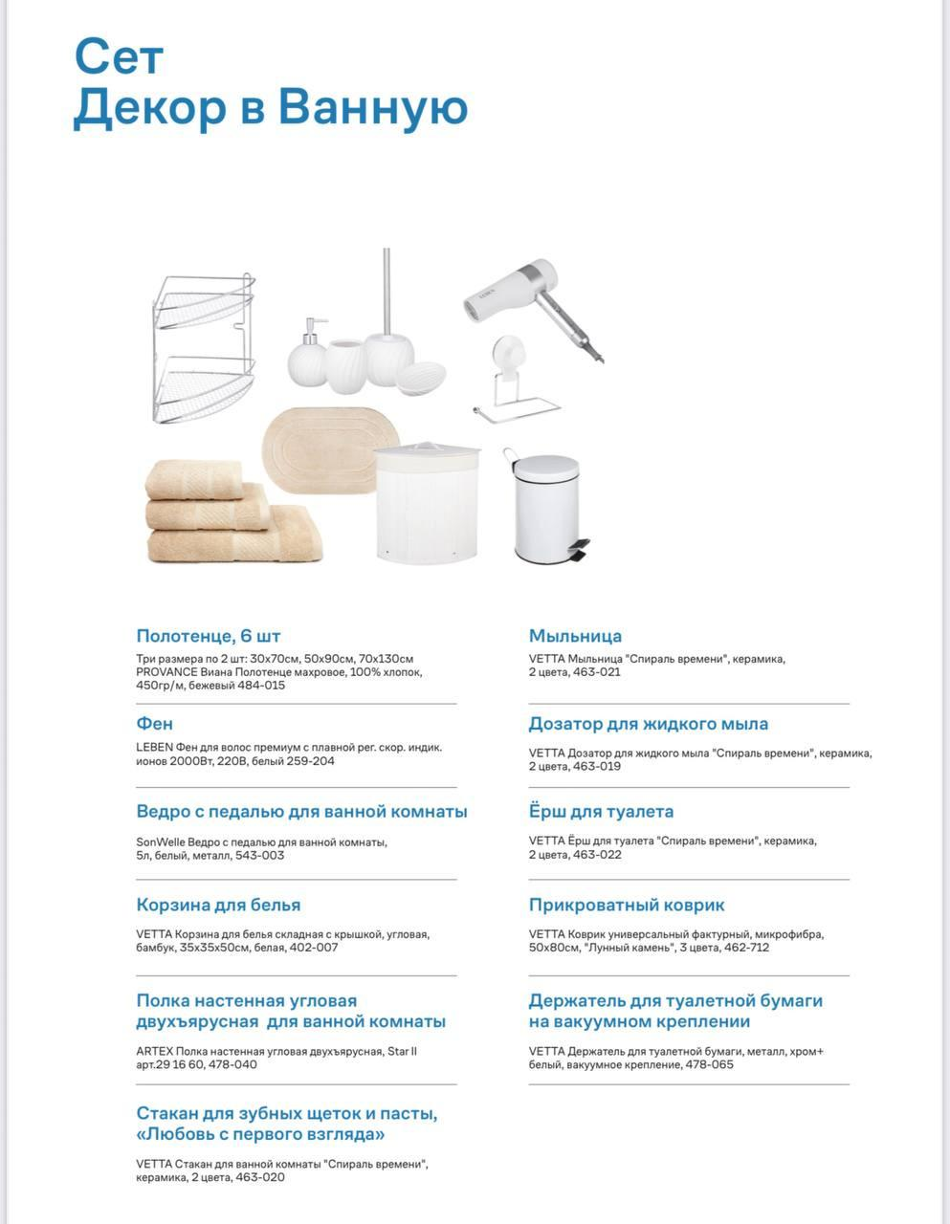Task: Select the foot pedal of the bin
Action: point(580,550)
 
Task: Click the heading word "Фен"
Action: point(155,724)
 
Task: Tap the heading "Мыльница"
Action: point(575,636)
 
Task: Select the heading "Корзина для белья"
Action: point(218,905)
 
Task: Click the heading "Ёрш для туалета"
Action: point(601,812)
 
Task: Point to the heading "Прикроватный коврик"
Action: point(627,905)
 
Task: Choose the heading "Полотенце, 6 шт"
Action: point(209,636)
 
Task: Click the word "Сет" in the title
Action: point(119,58)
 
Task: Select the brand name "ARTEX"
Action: point(155,1052)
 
